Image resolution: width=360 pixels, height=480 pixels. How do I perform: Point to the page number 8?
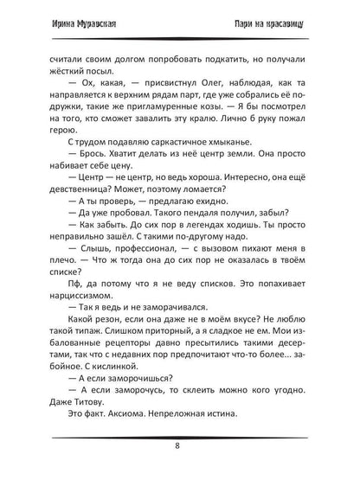(x=179, y=450)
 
